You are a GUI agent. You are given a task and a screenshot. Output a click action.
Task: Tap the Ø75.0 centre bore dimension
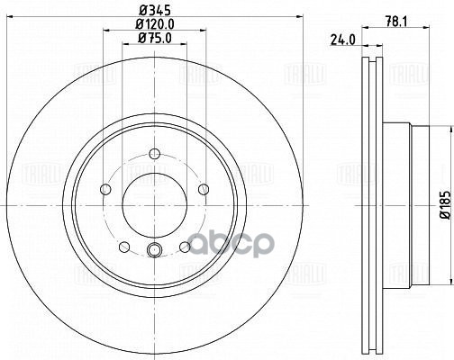(153, 40)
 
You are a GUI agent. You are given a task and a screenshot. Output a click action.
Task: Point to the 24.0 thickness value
(340, 40)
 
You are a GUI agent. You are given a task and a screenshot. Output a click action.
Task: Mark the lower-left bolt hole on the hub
(123, 246)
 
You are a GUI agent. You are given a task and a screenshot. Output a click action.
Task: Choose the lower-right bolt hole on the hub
(185, 246)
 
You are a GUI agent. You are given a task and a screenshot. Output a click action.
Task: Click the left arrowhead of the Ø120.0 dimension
(105, 32)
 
